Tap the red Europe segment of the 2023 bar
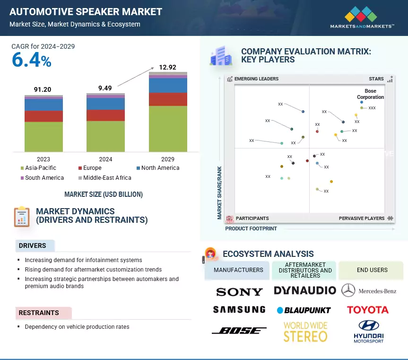coord(43,116)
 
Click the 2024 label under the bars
coord(105,159)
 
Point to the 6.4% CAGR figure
coord(31,61)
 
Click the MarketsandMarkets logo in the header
coord(363,18)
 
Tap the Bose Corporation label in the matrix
coord(370,94)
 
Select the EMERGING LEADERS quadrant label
coord(256,79)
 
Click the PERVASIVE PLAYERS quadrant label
coord(362,219)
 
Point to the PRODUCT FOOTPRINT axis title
coord(251,228)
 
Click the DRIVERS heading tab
coord(33,246)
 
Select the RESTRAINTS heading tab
coord(39,313)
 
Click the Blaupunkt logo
coord(304,310)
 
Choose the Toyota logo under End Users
coord(368,310)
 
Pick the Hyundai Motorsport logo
coord(369,331)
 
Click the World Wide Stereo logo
coord(305,332)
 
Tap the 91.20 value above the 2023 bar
coord(43,88)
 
